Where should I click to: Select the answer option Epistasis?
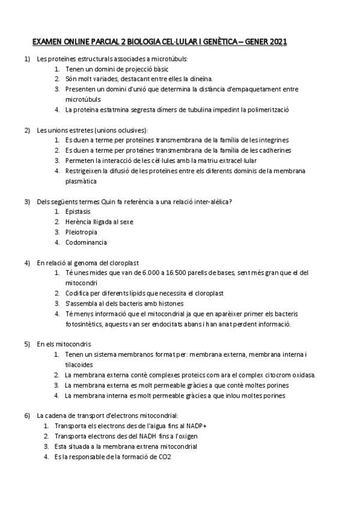click(78, 211)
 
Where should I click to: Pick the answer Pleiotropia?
click(81, 232)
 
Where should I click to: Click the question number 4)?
click(27, 262)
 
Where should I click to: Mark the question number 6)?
click(27, 416)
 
